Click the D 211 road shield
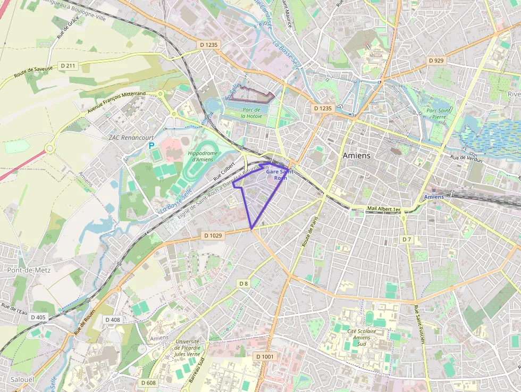[x=68, y=65]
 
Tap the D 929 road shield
[x=435, y=61]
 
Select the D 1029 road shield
[x=213, y=235]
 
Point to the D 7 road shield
[x=406, y=239]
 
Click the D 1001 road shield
[x=265, y=356]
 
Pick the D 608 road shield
[x=149, y=382]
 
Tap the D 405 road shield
[x=38, y=317]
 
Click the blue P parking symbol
[x=152, y=145]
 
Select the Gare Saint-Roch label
[x=280, y=175]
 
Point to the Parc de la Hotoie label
[x=250, y=112]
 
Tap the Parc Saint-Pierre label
[x=439, y=113]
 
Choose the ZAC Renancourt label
[x=127, y=137]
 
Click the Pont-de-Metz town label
[x=29, y=270]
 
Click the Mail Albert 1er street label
[x=383, y=208]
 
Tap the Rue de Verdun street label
[x=466, y=159]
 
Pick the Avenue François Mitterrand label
[x=116, y=102]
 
